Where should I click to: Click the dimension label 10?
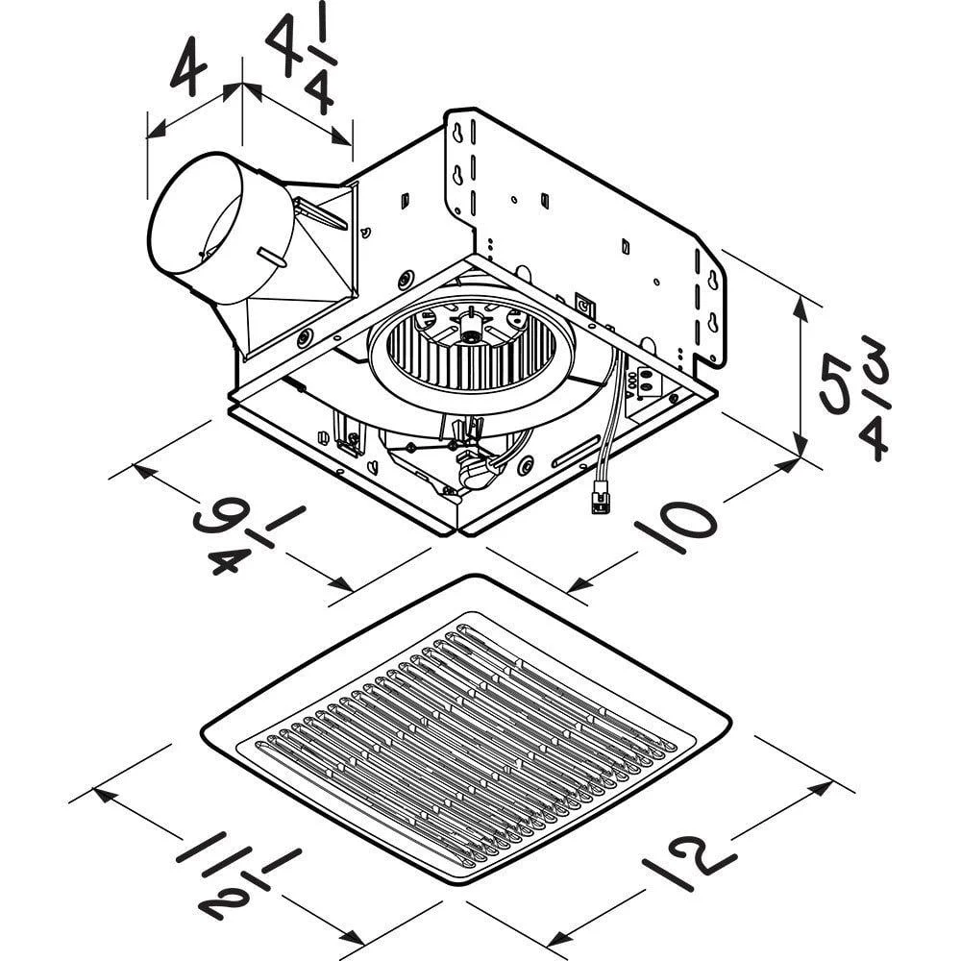click(x=676, y=526)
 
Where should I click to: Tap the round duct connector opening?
click(x=195, y=227)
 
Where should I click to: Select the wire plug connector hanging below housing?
click(x=599, y=496)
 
